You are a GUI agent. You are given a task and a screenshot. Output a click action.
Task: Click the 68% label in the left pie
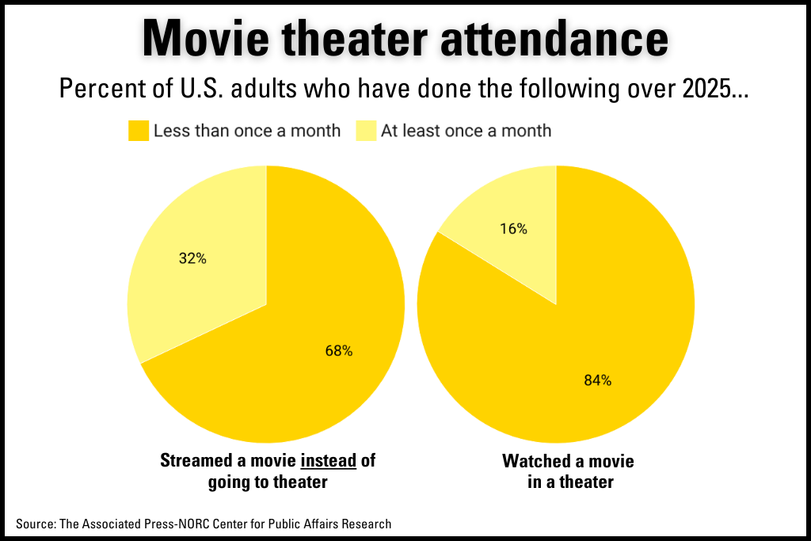point(338,351)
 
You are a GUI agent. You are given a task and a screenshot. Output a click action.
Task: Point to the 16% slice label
point(513,229)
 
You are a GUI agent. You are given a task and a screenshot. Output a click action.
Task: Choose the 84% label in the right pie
point(597,380)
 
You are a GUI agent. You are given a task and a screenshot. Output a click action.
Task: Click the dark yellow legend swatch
point(138,131)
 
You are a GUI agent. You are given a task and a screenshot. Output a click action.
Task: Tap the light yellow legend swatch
point(366,131)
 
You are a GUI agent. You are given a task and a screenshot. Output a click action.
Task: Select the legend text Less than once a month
point(246,131)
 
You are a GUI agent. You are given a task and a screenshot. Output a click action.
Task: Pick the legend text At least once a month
point(466,131)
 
